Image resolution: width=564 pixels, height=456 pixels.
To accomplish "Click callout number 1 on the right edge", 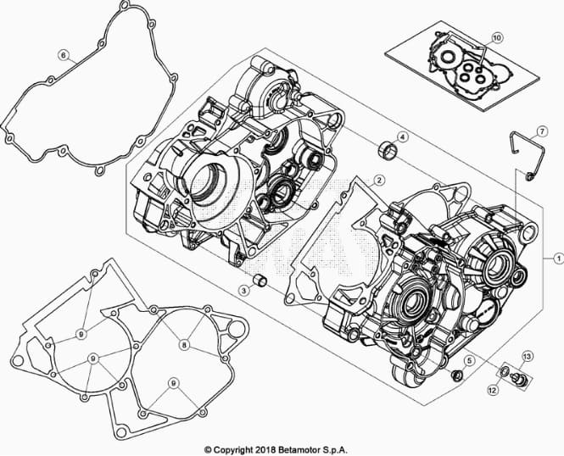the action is tap(558, 258).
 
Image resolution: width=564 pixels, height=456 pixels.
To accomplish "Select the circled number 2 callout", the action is tap(378, 181).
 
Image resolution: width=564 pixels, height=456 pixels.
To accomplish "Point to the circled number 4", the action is tap(403, 137).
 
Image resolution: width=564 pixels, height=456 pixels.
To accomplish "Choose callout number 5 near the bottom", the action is tap(469, 360).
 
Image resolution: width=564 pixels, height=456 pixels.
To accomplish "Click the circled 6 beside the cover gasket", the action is tap(64, 55).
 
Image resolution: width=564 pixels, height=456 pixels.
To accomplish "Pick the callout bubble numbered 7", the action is tap(542, 131).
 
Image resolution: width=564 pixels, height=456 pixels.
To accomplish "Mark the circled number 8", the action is tap(184, 345).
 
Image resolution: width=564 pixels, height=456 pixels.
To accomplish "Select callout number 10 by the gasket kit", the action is tap(496, 38).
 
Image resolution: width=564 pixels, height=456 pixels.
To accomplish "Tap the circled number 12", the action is tap(493, 389).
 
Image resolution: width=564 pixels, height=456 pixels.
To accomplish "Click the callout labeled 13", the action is tap(527, 357).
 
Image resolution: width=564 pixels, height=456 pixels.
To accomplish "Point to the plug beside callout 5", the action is tap(457, 375).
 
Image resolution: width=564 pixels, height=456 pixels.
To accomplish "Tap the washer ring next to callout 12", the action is tap(505, 371).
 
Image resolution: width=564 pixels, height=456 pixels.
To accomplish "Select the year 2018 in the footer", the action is tap(265, 450).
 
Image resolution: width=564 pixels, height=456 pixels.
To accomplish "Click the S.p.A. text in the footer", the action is tap(335, 450).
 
